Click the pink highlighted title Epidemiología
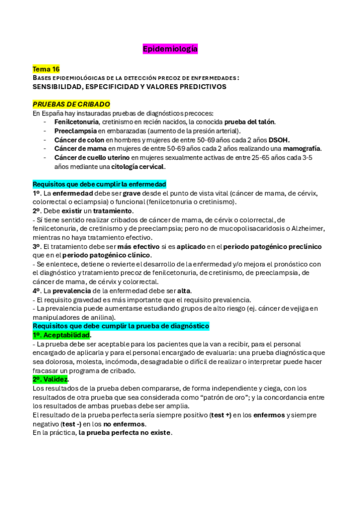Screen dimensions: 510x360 tap(169, 48)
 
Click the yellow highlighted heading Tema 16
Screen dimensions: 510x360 tap(46, 69)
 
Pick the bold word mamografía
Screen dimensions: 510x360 tap(300, 149)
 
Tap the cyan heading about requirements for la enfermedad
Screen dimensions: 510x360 tap(99, 183)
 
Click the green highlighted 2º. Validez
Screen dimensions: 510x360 tap(51, 379)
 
